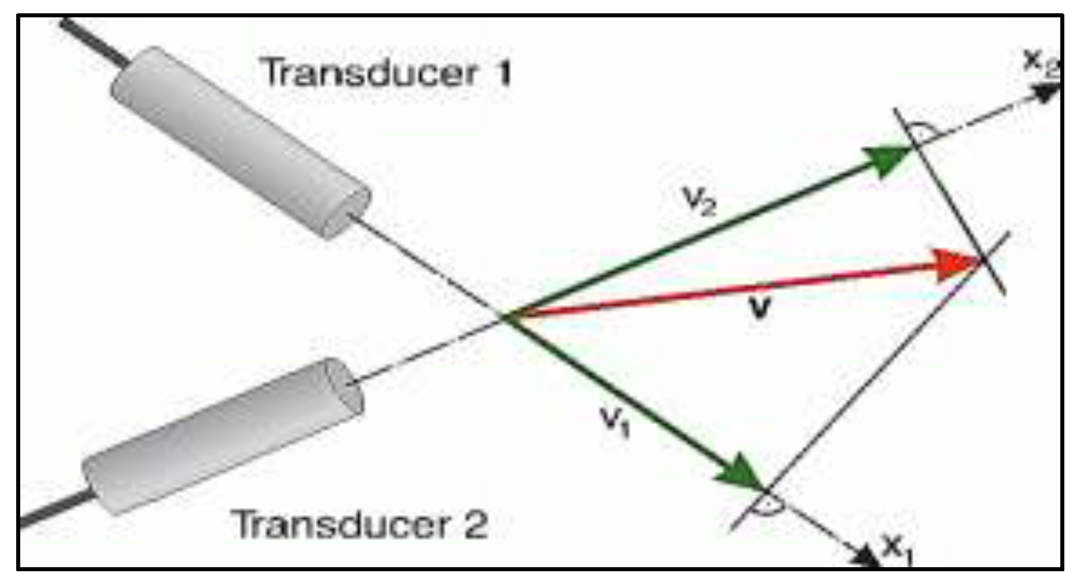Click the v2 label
[x=700, y=201]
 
